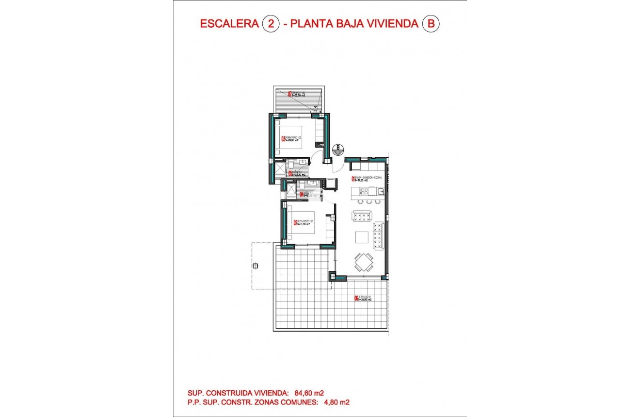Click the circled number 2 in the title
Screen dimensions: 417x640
[271, 24]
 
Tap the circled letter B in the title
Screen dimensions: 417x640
[430, 24]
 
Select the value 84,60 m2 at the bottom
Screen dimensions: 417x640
[307, 393]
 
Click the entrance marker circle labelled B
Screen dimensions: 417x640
[338, 149]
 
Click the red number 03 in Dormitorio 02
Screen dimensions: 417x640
[283, 138]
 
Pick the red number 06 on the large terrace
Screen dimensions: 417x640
[356, 299]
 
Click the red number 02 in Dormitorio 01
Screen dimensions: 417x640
[295, 223]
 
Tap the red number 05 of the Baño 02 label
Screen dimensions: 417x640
[290, 173]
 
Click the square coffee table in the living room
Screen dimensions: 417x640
[362, 237]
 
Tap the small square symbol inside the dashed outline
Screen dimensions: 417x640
[256, 266]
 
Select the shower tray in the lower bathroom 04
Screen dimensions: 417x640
[290, 189]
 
